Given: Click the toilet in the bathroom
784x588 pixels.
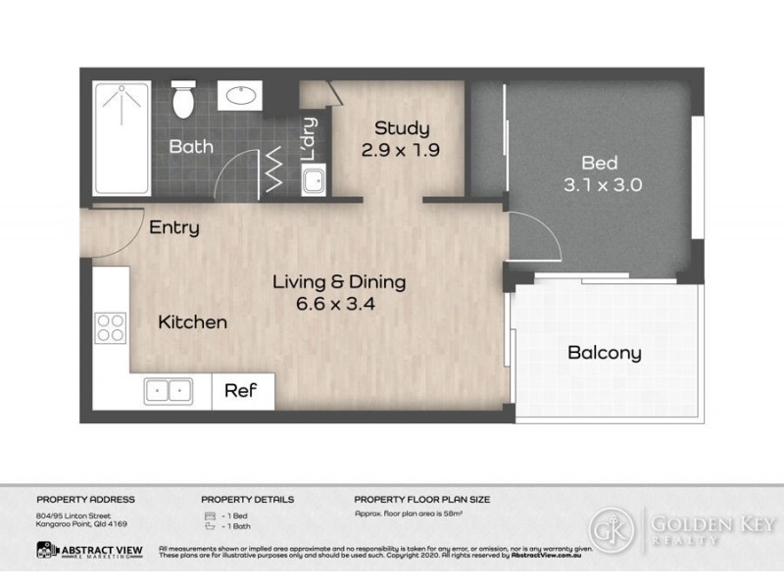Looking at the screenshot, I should point(183,99).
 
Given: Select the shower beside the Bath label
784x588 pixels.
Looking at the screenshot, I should point(121,137).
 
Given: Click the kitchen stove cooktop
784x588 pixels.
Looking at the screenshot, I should point(110,325).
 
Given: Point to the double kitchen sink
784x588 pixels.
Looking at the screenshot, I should point(170,390).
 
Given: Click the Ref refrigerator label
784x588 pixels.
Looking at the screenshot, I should point(241,390).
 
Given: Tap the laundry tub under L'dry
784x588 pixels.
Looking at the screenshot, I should point(315,180).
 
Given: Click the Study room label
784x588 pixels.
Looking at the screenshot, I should point(402,128).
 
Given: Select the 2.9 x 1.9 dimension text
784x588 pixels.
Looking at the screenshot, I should point(402,151).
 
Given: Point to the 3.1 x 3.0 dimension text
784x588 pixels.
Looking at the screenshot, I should point(601,184).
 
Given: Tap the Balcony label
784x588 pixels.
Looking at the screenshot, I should point(605,353).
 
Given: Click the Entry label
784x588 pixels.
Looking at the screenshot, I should point(174,228).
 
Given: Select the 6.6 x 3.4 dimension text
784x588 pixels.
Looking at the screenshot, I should point(338,304).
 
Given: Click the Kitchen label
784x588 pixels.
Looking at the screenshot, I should point(193,321).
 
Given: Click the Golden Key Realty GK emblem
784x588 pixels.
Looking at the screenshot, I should point(612,530).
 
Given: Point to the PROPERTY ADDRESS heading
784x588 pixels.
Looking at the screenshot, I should point(85,500).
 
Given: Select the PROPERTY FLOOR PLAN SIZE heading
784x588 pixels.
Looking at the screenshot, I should point(422,500).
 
